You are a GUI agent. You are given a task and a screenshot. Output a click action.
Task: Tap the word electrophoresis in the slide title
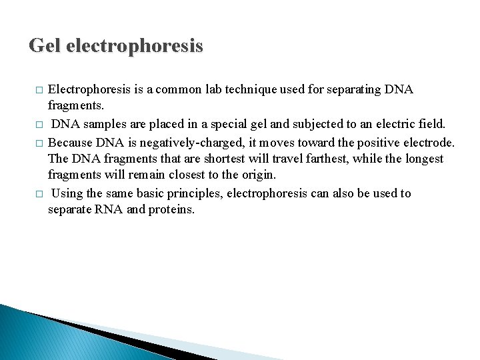pos(136,46)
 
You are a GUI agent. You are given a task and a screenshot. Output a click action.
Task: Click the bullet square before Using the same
pos(39,194)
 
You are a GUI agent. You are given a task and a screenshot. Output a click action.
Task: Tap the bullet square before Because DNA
pos(39,142)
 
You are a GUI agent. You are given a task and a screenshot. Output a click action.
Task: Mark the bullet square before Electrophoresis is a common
pos(39,90)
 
